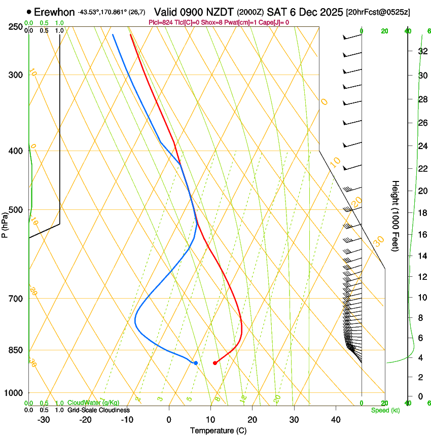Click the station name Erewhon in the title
(x=54, y=12)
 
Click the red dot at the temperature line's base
(x=215, y=363)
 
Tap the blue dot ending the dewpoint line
(x=196, y=363)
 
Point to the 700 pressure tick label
(x=16, y=299)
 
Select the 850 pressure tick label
(x=16, y=350)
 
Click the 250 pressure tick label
(x=16, y=27)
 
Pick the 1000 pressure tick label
(x=14, y=393)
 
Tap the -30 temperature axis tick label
(x=44, y=420)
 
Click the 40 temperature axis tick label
(x=336, y=420)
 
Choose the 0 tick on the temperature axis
(x=169, y=420)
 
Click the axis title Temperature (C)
(x=218, y=430)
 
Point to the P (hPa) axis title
(x=5, y=223)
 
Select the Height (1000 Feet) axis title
(x=396, y=215)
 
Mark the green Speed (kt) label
(x=385, y=410)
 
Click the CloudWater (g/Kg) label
(x=93, y=403)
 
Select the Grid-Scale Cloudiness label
(x=98, y=410)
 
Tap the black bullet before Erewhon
(x=29, y=12)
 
